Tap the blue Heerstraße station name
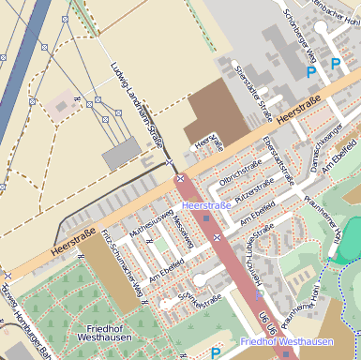[x=205, y=203]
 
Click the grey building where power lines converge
[x=120, y=153]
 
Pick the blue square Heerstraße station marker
[x=206, y=218]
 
